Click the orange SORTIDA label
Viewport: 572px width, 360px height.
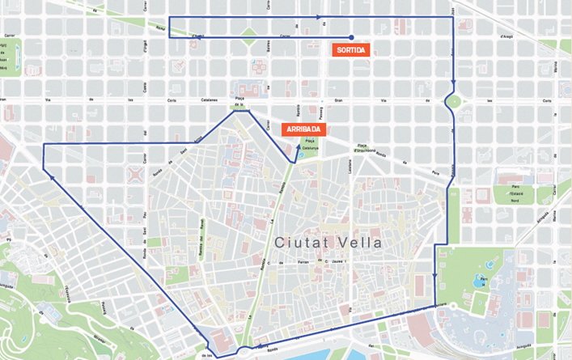point(350,49)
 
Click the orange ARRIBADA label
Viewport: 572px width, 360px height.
point(303,129)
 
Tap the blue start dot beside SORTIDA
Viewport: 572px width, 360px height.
point(352,37)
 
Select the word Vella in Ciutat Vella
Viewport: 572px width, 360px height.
point(361,242)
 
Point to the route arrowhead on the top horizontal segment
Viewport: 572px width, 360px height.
point(320,17)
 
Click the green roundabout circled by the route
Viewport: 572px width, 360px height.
point(453,102)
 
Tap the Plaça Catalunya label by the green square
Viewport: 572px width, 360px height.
point(311,145)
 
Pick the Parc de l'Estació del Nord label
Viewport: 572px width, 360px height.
point(512,194)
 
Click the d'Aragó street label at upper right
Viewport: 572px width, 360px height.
point(507,36)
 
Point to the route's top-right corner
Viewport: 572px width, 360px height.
point(454,17)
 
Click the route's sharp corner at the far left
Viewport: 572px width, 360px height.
point(42,144)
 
